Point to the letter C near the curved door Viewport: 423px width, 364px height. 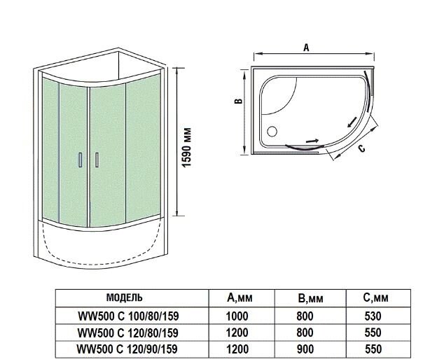361,148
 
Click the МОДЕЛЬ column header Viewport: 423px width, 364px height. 125,297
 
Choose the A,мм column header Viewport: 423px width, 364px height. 240,298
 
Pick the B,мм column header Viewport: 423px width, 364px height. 311,298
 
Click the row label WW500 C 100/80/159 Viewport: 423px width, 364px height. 125,315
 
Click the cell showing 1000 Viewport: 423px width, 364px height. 237,315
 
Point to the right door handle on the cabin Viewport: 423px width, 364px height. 96,160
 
